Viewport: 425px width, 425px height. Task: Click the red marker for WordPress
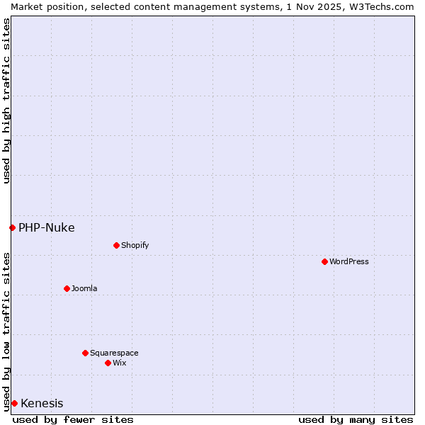(324, 261)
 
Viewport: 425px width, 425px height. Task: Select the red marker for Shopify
(116, 245)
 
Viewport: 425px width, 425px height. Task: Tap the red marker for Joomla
(67, 288)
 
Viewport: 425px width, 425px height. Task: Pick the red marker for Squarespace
(85, 353)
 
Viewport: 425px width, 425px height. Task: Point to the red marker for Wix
(108, 363)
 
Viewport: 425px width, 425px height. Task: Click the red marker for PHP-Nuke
(12, 227)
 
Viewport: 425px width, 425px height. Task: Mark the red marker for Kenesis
(14, 403)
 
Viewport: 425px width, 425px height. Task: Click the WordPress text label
(349, 261)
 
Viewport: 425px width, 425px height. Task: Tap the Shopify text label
(135, 245)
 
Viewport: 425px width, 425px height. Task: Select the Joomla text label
(84, 288)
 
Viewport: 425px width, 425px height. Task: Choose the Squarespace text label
(114, 353)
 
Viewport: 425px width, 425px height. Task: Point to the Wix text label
(120, 363)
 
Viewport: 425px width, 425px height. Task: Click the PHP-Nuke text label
(47, 227)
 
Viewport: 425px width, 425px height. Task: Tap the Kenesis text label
(42, 404)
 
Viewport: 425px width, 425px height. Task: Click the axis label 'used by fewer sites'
(73, 419)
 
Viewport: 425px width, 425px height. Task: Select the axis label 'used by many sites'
(356, 419)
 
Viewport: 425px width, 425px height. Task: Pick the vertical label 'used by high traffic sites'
(6, 101)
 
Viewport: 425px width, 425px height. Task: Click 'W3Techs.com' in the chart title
(382, 6)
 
